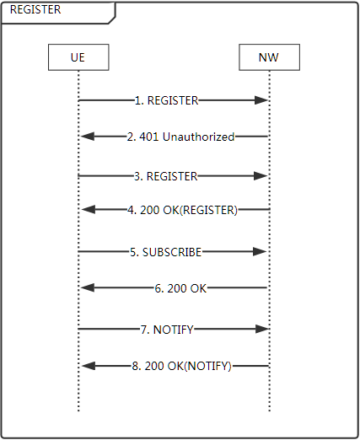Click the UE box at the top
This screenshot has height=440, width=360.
click(78, 57)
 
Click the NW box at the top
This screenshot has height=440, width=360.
click(269, 57)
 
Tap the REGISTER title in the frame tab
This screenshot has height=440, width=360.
click(35, 9)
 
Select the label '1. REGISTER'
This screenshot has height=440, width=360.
click(167, 100)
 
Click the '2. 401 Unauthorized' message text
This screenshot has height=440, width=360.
click(180, 137)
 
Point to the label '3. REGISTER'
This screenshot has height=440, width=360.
click(166, 176)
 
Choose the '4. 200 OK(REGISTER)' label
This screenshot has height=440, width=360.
click(183, 210)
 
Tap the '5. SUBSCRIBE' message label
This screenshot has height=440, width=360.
click(166, 252)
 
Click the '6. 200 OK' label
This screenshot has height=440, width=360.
click(180, 288)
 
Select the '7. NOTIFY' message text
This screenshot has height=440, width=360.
click(167, 330)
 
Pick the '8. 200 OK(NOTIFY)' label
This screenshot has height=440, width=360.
click(182, 366)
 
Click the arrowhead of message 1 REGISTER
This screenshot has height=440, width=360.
click(261, 100)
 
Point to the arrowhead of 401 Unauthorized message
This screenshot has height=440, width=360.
click(88, 137)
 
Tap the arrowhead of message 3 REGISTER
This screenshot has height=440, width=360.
click(261, 176)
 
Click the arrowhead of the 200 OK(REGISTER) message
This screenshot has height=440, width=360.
click(89, 209)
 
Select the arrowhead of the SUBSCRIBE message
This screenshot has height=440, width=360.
click(260, 251)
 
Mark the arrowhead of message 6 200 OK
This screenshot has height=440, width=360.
click(88, 287)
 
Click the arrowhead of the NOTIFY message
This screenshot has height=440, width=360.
click(262, 329)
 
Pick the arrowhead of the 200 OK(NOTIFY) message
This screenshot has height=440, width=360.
click(89, 366)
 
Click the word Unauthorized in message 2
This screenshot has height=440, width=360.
click(199, 137)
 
